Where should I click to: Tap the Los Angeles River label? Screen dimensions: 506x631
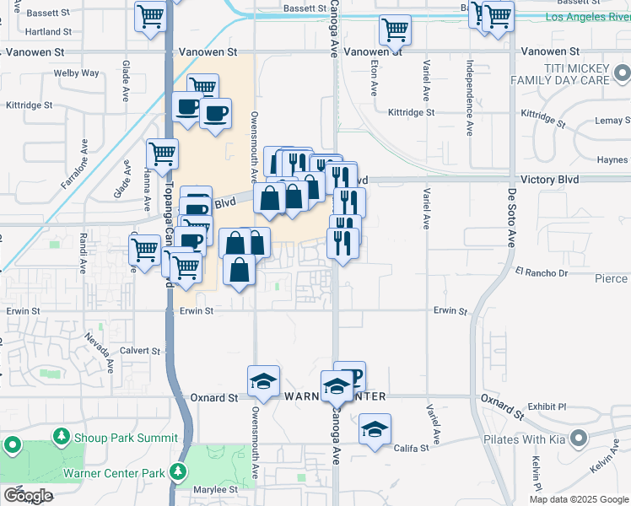[575, 17]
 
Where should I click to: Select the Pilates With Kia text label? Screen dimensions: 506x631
[524, 439]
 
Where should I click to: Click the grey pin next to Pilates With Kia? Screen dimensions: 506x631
[578, 439]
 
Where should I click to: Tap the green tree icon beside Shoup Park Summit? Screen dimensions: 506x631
[61, 437]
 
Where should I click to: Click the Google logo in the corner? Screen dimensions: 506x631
[27, 495]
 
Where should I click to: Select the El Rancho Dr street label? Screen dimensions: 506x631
[542, 272]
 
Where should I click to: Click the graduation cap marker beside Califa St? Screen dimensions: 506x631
[375, 430]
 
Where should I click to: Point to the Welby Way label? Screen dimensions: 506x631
[77, 73]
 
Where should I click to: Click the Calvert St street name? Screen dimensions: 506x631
[139, 351]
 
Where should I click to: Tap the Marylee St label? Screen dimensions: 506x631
[217, 489]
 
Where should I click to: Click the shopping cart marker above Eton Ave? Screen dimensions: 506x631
[394, 30]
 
